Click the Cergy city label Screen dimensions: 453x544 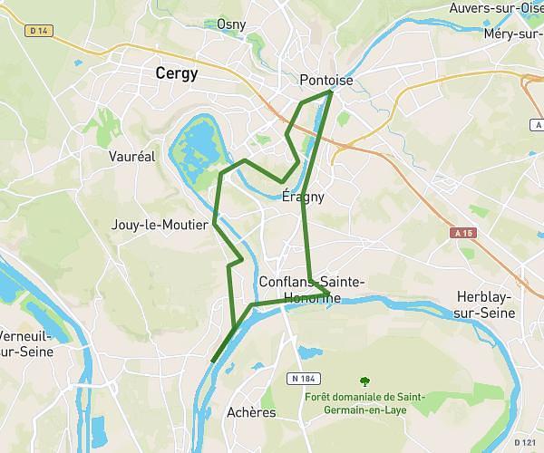click(x=176, y=73)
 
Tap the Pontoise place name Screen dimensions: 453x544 click(x=326, y=81)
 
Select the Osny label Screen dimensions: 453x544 click(x=231, y=24)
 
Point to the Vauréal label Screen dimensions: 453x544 click(x=132, y=156)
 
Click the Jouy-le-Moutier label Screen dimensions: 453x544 click(x=160, y=225)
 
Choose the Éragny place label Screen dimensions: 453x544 click(x=303, y=196)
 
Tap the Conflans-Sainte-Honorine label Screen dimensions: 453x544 click(x=311, y=290)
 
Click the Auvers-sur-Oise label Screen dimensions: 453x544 click(x=495, y=8)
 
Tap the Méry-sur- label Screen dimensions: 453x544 click(x=512, y=34)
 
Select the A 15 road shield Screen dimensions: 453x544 click(x=462, y=233)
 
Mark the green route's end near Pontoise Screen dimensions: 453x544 click(x=331, y=92)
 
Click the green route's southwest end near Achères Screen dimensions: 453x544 click(x=212, y=361)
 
